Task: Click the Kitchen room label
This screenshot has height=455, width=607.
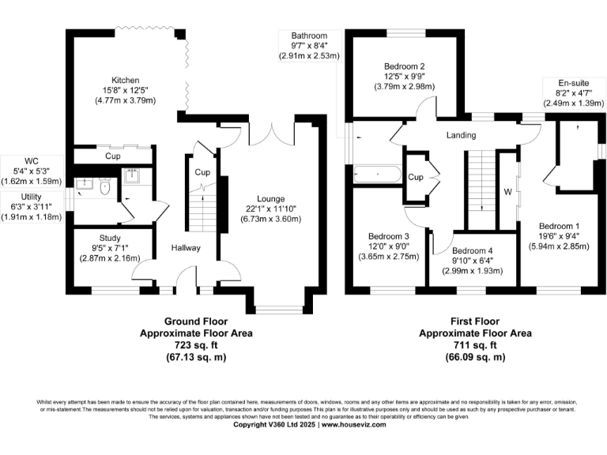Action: tap(125, 81)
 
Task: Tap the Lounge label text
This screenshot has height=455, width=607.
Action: tap(271, 198)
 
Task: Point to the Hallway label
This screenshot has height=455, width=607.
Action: tap(187, 248)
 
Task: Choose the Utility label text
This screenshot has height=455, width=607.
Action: tap(32, 196)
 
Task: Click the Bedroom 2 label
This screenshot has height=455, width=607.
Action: tap(405, 66)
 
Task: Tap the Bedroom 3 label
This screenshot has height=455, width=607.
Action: tap(389, 236)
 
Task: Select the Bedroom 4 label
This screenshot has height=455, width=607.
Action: tap(473, 251)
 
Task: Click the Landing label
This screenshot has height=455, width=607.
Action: tap(461, 135)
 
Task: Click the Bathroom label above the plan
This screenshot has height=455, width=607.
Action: tap(308, 36)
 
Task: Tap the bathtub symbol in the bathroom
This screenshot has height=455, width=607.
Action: tap(377, 174)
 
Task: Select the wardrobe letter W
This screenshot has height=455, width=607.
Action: tap(509, 191)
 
